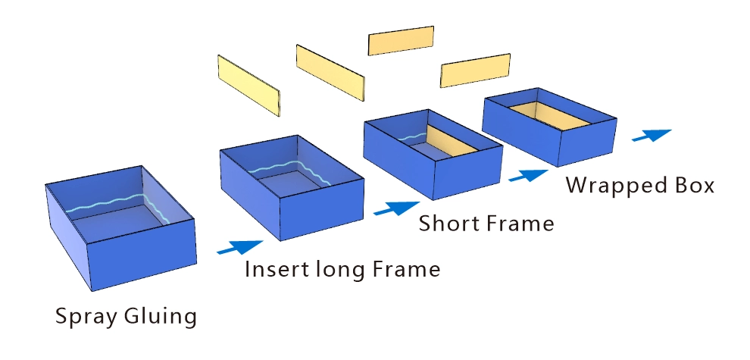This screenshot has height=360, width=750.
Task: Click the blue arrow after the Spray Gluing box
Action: [x=239, y=246]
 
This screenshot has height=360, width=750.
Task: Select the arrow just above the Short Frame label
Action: [x=396, y=207]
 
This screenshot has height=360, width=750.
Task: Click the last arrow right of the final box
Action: [x=652, y=136]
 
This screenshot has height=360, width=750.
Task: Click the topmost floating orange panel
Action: [x=401, y=41]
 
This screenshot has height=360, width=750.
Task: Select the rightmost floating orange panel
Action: [x=475, y=70]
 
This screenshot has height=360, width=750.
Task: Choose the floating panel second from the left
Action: [x=330, y=70]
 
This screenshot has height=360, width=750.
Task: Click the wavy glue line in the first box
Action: [x=114, y=204]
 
